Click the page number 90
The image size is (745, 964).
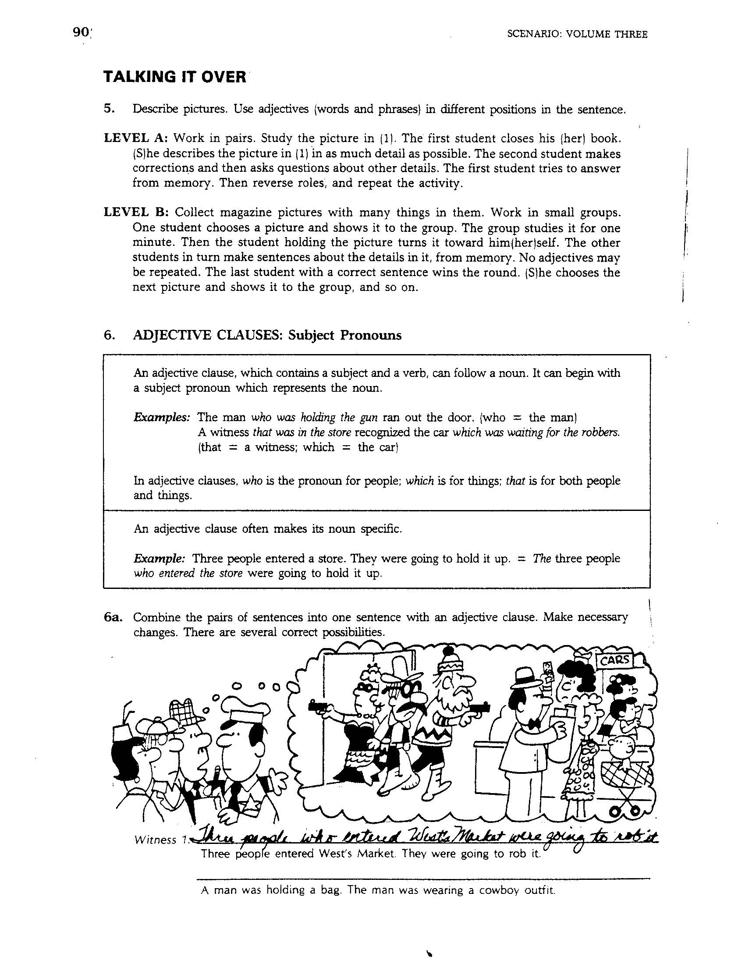[81, 33]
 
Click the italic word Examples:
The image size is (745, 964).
[162, 417]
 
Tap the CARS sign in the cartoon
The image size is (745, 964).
[614, 660]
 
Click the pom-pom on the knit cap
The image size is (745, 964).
[448, 650]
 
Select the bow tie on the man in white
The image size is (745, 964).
[537, 723]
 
